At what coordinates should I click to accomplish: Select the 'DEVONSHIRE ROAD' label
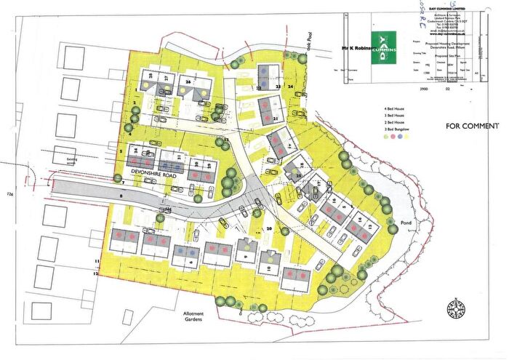[157, 172]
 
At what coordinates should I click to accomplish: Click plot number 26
[188, 83]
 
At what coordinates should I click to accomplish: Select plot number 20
[269, 228]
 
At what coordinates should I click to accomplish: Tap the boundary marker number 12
[95, 274]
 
